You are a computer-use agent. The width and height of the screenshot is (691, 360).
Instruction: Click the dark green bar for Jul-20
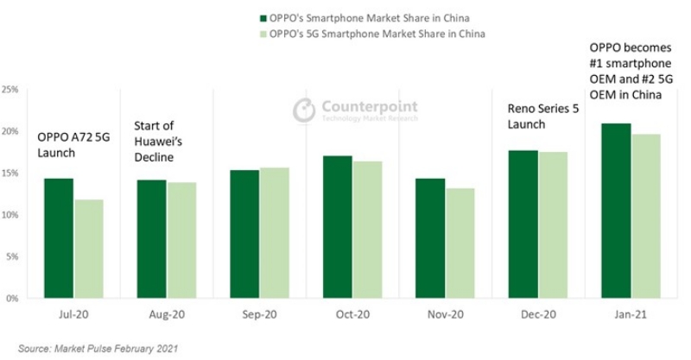[x=59, y=238]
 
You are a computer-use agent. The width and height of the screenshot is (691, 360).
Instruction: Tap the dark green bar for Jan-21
[x=616, y=211]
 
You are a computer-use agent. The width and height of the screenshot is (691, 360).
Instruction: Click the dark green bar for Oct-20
[x=337, y=227]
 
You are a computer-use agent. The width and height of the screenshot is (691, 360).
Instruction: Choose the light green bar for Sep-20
[x=275, y=233]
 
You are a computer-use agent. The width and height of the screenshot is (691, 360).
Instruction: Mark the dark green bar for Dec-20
[x=523, y=224]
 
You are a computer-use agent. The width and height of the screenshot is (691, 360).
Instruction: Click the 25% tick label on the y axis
[x=11, y=89]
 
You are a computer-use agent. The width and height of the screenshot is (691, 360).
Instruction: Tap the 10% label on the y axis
[x=11, y=214]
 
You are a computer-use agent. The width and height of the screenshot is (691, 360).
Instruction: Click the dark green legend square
[x=263, y=17]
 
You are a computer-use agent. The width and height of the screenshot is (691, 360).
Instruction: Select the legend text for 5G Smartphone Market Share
[x=377, y=34]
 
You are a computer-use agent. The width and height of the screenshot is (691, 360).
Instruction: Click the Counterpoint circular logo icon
[x=303, y=110]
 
